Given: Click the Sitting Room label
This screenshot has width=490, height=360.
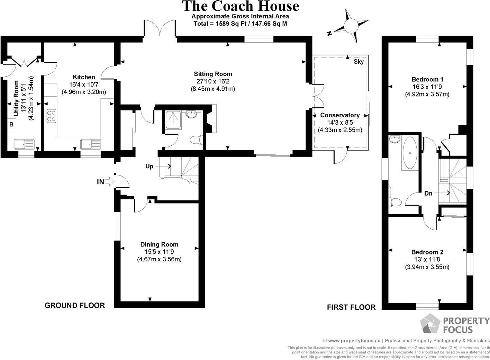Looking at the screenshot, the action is (213, 74).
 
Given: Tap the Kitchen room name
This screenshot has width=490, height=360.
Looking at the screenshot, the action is (84, 77).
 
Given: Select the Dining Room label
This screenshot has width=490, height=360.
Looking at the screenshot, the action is (159, 244).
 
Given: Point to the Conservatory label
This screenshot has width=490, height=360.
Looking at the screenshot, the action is (340, 115).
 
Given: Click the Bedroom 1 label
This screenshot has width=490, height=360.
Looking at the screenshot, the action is (427, 79).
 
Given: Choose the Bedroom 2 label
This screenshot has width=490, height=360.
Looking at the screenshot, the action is (427, 252).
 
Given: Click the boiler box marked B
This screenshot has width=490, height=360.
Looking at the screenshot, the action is (11, 124).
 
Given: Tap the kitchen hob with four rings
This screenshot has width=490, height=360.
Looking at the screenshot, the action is (52, 116).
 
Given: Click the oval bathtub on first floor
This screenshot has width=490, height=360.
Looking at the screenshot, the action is (410, 152).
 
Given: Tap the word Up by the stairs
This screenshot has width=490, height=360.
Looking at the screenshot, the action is (149, 166).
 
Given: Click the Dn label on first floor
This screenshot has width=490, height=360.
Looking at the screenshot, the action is (428, 193).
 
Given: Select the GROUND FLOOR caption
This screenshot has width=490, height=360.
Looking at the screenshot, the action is (75, 305).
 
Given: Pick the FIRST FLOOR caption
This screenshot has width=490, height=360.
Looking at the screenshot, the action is (351, 307).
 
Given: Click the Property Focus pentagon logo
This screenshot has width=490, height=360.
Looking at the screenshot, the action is (430, 324).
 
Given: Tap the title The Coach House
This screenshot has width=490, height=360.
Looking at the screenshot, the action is (240, 6).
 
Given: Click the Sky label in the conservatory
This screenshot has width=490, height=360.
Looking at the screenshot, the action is (359, 62).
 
